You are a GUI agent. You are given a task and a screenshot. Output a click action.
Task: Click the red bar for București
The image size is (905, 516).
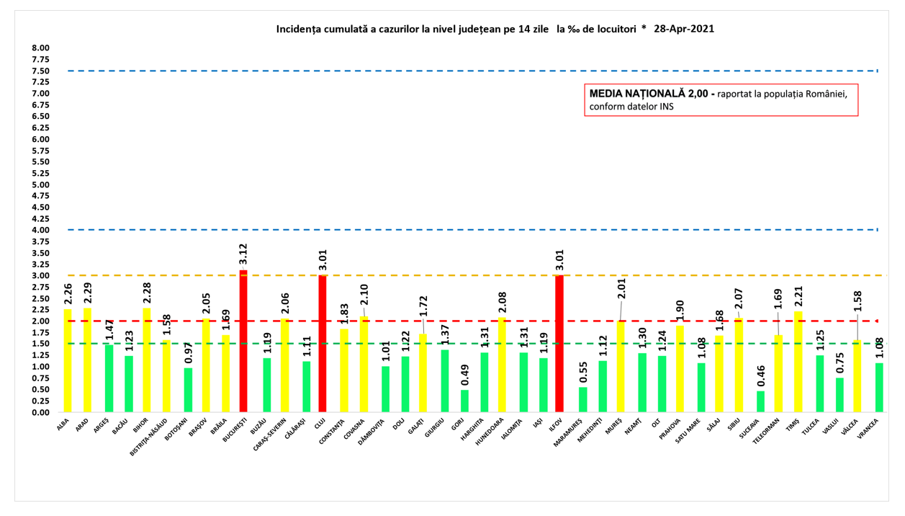coord(243,342)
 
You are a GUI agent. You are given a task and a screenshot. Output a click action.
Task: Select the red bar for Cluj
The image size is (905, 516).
coord(323,344)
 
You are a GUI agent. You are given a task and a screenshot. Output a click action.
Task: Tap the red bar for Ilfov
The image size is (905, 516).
coord(559,344)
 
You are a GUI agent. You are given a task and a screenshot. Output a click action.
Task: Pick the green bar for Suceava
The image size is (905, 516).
coord(761,401)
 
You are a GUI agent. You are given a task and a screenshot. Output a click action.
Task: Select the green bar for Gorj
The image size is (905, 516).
coord(465,401)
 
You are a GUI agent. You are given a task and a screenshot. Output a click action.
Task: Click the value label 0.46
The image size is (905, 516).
coord(761,376)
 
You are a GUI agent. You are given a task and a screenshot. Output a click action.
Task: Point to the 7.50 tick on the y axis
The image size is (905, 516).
coord(40,71)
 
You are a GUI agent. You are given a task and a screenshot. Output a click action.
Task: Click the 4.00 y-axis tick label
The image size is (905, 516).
coord(40,231)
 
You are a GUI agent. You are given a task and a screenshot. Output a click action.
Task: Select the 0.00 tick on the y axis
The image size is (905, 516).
coord(40,412)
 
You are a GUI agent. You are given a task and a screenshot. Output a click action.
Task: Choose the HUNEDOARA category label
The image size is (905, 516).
coord(490,430)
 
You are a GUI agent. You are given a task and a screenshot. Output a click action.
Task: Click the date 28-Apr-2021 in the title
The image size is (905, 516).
coord(683,30)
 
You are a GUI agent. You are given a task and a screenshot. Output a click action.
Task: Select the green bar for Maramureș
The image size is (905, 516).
coord(583,400)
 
